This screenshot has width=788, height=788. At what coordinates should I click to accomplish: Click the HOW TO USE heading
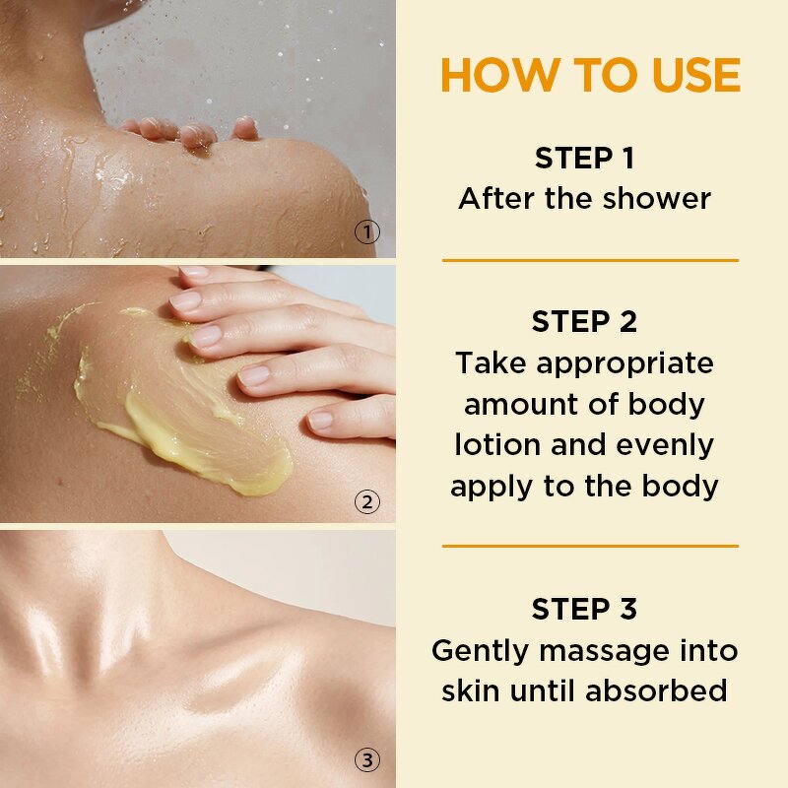click(589, 76)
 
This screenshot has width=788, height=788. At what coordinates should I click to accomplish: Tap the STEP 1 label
click(584, 158)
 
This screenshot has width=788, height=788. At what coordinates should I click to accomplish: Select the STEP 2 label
click(584, 321)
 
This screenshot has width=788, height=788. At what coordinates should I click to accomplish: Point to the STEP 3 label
click(584, 609)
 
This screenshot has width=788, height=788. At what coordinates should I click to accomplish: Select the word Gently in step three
click(476, 650)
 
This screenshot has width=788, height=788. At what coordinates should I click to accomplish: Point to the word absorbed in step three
click(656, 690)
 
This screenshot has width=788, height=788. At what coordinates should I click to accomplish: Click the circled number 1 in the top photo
click(366, 233)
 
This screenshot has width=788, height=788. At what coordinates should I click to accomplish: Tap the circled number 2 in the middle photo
click(366, 502)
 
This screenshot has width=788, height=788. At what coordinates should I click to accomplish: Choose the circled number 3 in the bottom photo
click(366, 759)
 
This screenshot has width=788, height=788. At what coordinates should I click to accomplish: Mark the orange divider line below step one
click(589, 261)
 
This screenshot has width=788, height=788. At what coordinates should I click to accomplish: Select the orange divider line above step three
click(589, 545)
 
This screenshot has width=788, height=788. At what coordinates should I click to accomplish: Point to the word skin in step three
click(475, 690)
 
